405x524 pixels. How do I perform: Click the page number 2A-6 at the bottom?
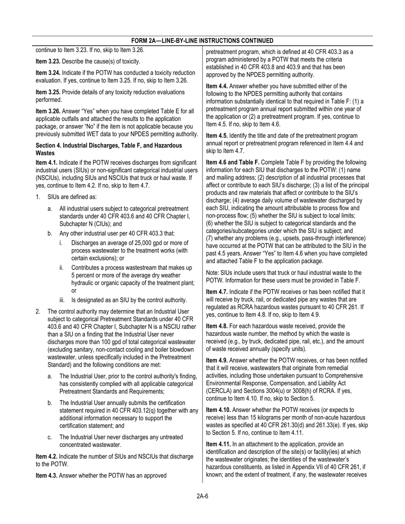(202, 495)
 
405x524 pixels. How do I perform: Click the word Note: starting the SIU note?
(213, 273)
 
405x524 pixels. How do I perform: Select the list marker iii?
(62, 300)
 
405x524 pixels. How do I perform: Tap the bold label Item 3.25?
(47, 92)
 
